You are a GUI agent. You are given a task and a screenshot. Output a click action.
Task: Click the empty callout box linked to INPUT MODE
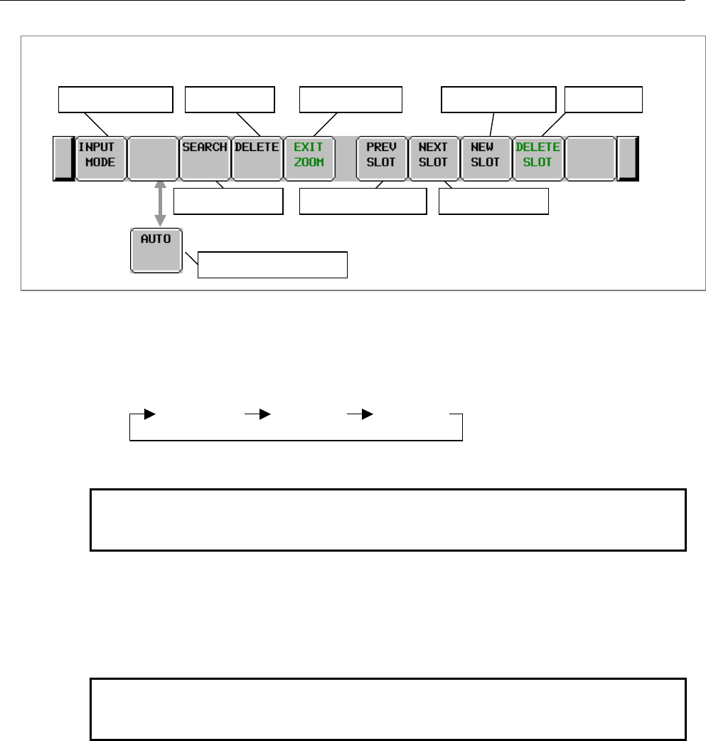point(115,100)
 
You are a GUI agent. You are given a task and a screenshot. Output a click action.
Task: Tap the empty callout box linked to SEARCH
point(229,201)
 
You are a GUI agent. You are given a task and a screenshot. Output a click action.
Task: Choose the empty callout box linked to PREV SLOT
point(363,201)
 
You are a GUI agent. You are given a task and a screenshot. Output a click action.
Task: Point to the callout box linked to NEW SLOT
point(499,100)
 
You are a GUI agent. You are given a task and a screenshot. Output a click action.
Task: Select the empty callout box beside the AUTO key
point(272,264)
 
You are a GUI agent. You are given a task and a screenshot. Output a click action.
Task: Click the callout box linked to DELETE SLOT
point(603,100)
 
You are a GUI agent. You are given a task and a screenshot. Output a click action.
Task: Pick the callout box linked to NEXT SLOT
point(494,201)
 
